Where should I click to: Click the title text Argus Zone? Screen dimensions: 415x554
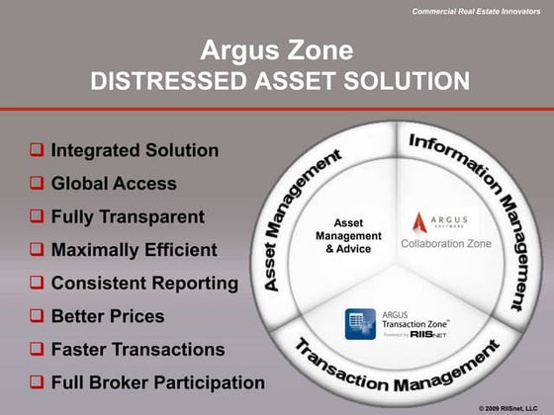276,49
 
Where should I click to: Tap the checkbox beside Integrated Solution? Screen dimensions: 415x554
36,151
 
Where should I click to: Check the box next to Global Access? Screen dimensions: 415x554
36,184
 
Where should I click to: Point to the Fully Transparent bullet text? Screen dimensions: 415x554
128,216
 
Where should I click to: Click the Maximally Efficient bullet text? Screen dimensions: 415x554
134,250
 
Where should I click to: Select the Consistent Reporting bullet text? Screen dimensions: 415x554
144,283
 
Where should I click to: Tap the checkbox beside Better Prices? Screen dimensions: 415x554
36,316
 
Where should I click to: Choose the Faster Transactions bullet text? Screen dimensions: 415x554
138,349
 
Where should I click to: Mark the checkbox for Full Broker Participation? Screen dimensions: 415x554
36,382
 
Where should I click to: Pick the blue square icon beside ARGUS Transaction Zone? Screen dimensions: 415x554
357,323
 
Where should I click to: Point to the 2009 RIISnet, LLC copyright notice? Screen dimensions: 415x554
513,407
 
